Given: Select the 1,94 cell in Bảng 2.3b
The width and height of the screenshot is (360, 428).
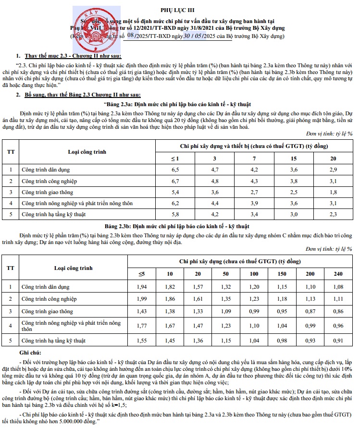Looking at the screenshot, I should (x=141, y=287).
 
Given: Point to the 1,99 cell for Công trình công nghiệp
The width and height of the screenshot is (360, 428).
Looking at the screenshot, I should (x=141, y=299).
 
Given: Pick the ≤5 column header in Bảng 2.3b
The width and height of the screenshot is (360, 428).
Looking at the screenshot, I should (x=141, y=274).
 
